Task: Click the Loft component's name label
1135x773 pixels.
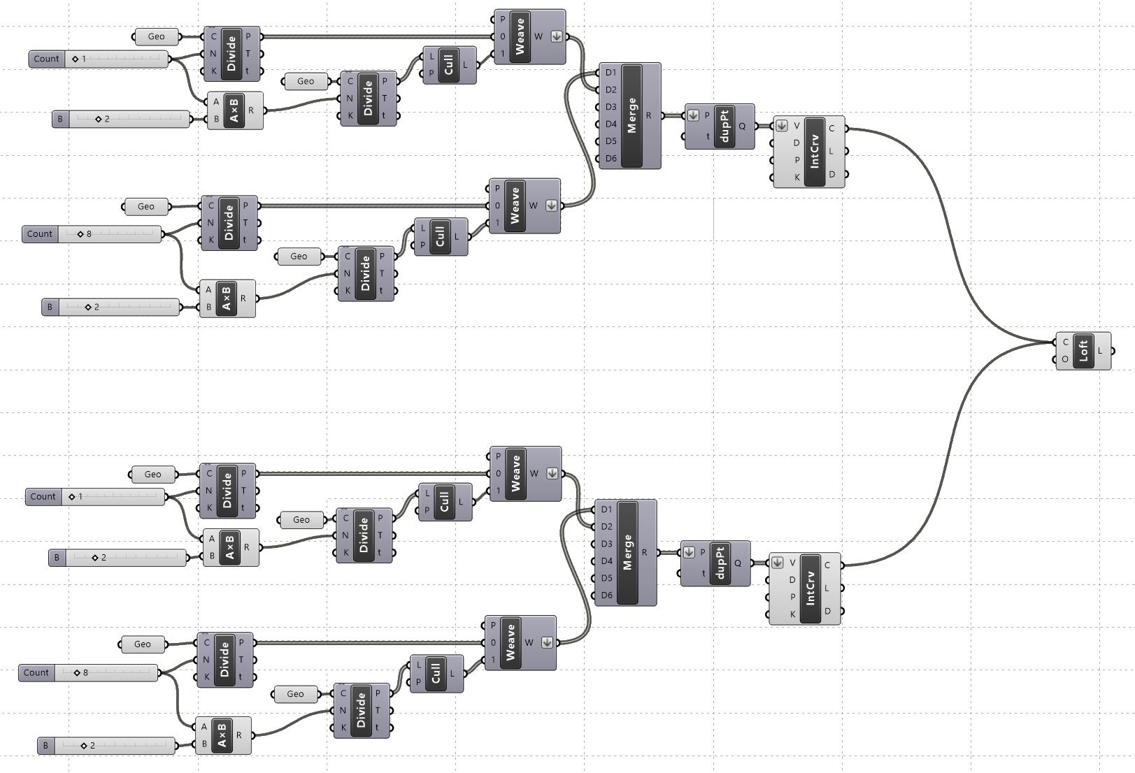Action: (x=1083, y=350)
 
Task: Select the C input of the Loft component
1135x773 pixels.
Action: (x=1065, y=342)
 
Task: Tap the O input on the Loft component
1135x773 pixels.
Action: (x=1065, y=359)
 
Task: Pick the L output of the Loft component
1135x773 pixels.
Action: (x=1100, y=350)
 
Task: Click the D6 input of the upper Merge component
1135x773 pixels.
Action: (x=611, y=159)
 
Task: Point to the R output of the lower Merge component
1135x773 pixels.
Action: (x=644, y=552)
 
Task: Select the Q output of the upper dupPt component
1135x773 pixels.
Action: (x=742, y=127)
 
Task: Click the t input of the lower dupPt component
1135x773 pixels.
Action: (x=703, y=573)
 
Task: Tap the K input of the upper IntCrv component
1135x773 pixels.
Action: (x=797, y=178)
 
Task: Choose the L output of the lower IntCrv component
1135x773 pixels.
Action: (x=827, y=588)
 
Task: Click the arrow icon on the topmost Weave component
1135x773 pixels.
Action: (x=557, y=36)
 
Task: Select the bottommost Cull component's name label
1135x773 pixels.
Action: (x=436, y=673)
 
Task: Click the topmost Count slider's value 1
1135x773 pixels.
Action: (x=83, y=59)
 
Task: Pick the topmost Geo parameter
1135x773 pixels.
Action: (x=156, y=36)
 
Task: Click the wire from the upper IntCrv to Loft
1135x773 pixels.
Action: (x=951, y=231)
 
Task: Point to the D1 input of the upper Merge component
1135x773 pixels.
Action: (x=611, y=73)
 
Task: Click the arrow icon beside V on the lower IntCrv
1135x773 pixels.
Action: (x=777, y=563)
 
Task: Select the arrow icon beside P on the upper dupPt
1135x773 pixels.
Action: (x=693, y=115)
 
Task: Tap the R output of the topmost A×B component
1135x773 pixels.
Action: (x=251, y=110)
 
